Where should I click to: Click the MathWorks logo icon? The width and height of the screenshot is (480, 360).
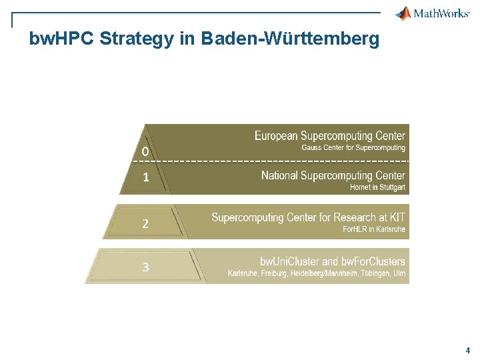tap(403, 13)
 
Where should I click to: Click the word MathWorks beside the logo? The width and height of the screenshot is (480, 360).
tap(441, 13)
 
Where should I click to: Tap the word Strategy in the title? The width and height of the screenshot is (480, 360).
tap(137, 39)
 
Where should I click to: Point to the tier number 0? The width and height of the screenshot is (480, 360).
tap(145, 153)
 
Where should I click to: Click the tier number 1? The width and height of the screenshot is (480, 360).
tap(145, 178)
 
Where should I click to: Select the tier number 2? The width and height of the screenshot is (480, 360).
tap(145, 223)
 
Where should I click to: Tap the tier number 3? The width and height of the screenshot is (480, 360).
tap(145, 267)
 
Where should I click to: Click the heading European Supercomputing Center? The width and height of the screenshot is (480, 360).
tap(329, 136)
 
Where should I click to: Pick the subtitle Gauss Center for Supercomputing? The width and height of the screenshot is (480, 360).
tap(353, 147)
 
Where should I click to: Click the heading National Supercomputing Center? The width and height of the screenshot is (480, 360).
tap(333, 176)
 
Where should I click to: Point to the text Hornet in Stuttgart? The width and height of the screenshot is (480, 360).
tap(377, 187)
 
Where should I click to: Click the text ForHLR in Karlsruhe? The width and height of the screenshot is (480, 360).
tap(374, 229)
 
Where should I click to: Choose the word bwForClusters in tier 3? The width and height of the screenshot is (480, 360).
tap(373, 261)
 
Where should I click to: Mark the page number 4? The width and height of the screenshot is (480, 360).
tap(468, 350)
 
